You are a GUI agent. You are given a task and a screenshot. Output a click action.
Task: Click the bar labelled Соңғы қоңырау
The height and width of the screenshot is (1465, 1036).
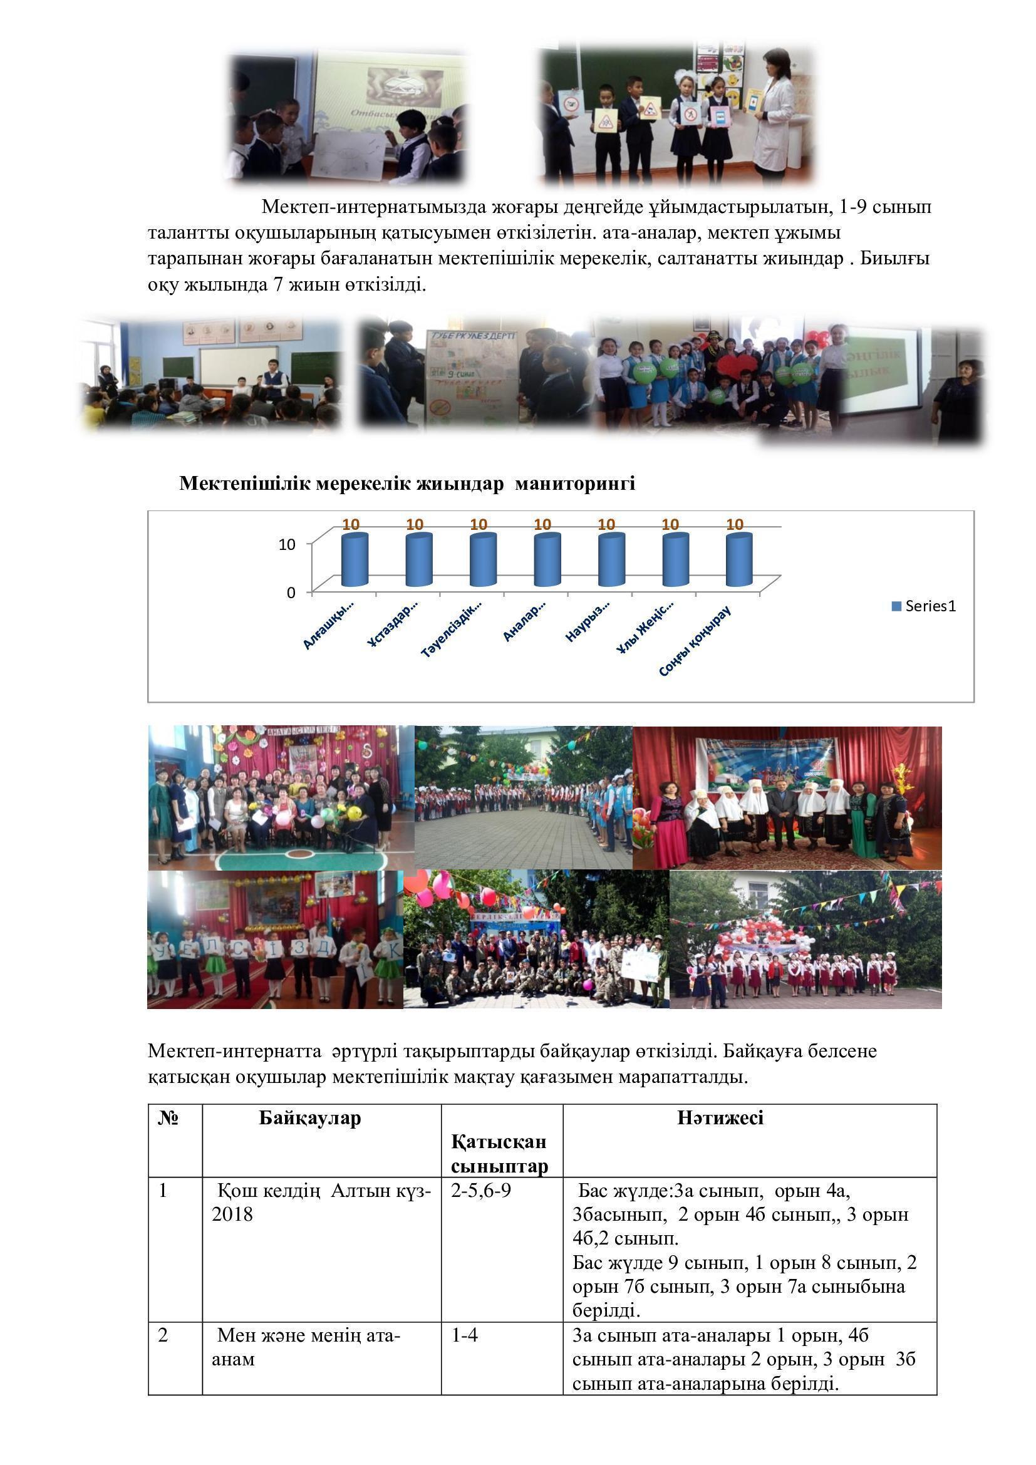pyautogui.click(x=738, y=560)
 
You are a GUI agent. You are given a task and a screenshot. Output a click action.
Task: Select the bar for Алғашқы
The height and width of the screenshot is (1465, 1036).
pyautogui.click(x=355, y=560)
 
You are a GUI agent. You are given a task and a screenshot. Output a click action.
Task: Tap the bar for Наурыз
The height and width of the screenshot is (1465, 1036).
pyautogui.click(x=611, y=560)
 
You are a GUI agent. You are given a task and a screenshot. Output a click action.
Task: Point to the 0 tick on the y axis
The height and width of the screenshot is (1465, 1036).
pyautogui.click(x=291, y=593)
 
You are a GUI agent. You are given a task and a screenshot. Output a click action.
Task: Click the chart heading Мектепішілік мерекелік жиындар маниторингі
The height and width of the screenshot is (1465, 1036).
pyautogui.click(x=407, y=484)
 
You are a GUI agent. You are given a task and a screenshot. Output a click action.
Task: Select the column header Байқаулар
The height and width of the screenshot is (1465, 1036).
pyautogui.click(x=310, y=1118)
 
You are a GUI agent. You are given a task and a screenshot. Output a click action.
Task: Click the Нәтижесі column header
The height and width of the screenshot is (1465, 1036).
pyautogui.click(x=720, y=1118)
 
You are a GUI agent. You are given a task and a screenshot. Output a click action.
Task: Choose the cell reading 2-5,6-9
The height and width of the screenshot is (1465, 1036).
pyautogui.click(x=481, y=1191)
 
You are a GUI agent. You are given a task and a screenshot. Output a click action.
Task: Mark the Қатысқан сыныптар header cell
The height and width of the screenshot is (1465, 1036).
pyautogui.click(x=499, y=1154)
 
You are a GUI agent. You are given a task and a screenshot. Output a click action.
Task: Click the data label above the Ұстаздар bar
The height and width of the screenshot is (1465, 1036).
pyautogui.click(x=415, y=524)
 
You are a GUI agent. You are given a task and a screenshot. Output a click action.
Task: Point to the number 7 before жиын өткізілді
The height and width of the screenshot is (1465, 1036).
pyautogui.click(x=277, y=284)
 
